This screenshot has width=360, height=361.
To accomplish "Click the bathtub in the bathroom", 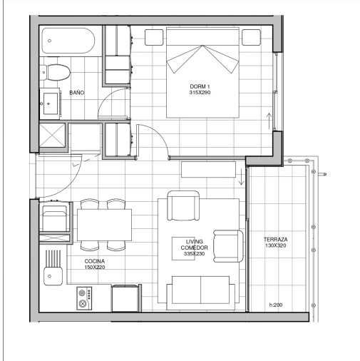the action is point(68,41).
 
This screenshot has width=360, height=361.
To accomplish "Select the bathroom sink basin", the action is point(51,103).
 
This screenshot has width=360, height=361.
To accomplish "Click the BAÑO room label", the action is point(77,93).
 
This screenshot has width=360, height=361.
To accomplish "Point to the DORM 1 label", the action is point(200,86).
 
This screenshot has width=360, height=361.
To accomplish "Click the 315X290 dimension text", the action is point(200,93).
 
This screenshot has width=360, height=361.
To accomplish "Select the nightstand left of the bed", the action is point(154,37).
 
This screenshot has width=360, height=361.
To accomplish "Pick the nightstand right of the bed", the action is point(252,37).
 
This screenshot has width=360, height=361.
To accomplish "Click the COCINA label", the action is point(95,261).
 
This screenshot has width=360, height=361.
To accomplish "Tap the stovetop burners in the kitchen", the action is point(84,298).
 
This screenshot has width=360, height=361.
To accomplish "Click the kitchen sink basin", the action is point(53,276).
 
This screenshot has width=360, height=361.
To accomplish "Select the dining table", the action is point(104,225).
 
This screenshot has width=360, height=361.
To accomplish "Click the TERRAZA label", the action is point(276,240).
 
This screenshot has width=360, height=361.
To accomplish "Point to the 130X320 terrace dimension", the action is point(276,245).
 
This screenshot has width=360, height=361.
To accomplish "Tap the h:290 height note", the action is point(276,305).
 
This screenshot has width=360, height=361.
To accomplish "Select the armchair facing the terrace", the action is point(228,246).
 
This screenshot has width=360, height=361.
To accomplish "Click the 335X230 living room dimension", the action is point(194,254).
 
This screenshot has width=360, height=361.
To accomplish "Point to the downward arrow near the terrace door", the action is point(241,176).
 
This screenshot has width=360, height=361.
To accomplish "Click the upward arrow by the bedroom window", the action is point(269,121).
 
